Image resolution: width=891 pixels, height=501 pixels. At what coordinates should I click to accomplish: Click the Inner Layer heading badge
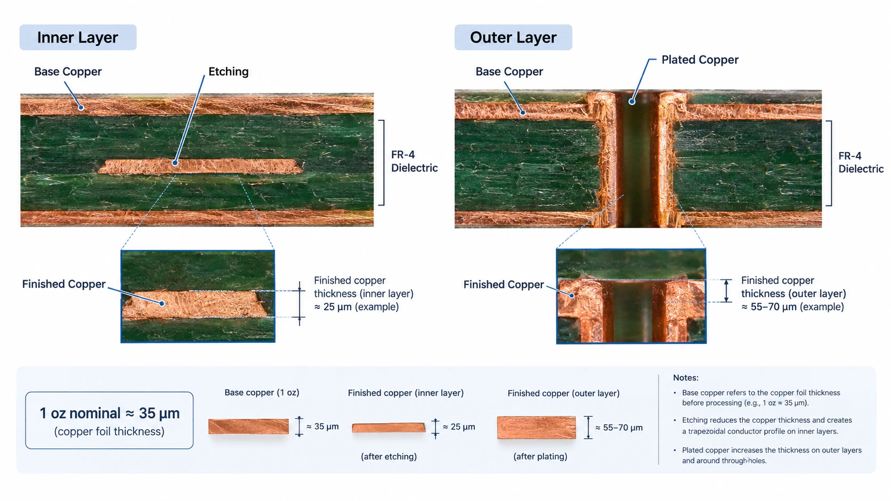coord(78,37)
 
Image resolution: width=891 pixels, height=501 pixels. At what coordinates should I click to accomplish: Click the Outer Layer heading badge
coord(513,37)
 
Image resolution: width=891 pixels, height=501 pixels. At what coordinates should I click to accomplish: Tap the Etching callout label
coord(228,71)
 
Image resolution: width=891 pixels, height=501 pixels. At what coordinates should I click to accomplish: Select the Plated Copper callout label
coord(700,60)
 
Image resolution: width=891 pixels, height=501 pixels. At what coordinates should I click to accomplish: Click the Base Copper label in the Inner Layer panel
coord(68,71)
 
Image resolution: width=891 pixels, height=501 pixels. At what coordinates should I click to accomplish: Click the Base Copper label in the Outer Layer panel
coord(509,71)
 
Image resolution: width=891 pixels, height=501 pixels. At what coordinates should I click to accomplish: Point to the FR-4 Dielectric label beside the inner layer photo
coord(414,161)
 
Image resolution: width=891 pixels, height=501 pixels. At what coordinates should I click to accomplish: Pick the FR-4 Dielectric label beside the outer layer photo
coord(861,162)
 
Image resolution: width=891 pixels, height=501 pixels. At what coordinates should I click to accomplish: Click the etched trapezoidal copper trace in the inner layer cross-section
coord(200,167)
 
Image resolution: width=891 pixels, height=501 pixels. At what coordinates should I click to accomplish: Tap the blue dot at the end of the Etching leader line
coord(175,163)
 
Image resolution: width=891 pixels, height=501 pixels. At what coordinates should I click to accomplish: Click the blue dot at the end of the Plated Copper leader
coord(631,102)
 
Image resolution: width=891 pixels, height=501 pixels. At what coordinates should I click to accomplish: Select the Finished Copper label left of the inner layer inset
coord(63,284)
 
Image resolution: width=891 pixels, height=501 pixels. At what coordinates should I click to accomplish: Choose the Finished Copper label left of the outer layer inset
coord(504,284)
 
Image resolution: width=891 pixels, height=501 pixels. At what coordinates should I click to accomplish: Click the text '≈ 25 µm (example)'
coord(357,307)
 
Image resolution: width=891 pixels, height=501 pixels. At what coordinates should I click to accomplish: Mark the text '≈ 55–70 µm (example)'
coord(792,307)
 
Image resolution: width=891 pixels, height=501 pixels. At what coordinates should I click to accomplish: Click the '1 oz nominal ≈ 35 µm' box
coord(109,421)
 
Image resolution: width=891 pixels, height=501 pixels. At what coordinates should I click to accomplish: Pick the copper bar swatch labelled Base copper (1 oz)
coord(249,426)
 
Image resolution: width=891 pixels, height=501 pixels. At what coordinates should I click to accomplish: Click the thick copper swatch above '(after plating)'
coord(536,428)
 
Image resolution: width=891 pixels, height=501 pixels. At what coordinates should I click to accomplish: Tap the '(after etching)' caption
coord(388,456)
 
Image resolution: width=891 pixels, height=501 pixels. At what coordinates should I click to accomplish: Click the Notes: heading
coord(686,378)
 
